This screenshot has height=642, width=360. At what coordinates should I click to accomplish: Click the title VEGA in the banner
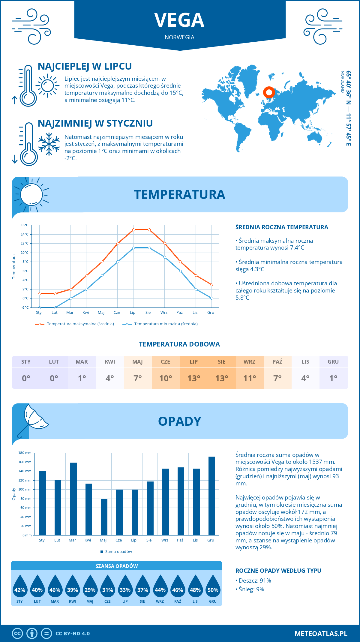tap(179, 20)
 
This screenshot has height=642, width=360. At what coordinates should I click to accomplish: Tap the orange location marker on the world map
tap(269, 92)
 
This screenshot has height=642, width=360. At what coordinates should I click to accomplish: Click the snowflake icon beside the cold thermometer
tap(49, 144)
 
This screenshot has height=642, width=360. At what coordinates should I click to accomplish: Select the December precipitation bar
tap(211, 496)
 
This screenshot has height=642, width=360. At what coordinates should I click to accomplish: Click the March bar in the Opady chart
tap(73, 499)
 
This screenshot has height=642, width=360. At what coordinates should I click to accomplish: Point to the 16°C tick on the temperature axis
tap(25, 225)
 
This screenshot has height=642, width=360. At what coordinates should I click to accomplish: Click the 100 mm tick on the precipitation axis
tap(25, 489)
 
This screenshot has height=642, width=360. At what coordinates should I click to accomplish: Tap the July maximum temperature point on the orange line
tap(133, 229)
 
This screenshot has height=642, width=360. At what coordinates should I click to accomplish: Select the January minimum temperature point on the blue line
tap(40, 307)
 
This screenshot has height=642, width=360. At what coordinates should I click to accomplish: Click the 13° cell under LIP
tap(193, 378)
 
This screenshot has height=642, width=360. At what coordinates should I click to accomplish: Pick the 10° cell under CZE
tap(166, 378)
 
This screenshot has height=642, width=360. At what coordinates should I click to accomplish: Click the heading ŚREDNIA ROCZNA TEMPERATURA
tap(282, 227)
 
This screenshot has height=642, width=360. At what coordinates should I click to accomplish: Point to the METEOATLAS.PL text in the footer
tap(321, 634)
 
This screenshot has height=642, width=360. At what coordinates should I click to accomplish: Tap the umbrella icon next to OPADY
tap(33, 418)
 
